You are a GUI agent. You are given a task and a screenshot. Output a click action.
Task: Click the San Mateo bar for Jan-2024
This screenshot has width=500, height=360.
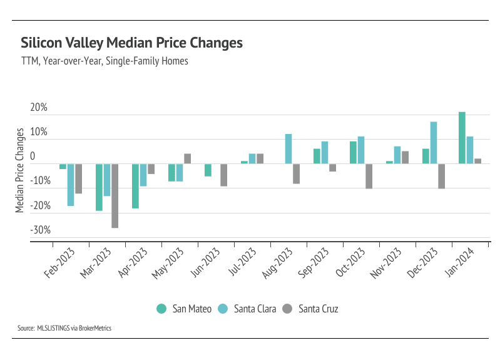pos(462,138)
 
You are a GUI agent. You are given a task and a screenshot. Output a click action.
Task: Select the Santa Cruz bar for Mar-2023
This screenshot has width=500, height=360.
pos(115,195)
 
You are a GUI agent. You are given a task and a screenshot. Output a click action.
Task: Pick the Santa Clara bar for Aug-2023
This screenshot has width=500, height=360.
pos(288,149)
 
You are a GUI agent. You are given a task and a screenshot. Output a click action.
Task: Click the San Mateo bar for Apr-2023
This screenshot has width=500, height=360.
pos(135,185)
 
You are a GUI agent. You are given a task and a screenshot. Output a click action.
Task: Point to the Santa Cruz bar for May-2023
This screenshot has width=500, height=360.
pos(187,158)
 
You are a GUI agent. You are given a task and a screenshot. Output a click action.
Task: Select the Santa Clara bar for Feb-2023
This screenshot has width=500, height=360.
pos(71,185)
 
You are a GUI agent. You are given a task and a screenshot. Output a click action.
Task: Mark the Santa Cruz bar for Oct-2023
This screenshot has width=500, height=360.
pos(369,176)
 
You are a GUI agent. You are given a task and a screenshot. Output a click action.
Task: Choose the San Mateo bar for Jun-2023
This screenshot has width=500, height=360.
pos(208,170)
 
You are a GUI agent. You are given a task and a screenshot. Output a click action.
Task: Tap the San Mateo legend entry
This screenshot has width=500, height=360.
pos(184,309)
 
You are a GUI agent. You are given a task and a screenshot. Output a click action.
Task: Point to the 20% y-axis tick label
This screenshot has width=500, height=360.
pos(39,108)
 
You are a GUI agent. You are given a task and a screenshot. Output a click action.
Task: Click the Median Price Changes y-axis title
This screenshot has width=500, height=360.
pos(20,170)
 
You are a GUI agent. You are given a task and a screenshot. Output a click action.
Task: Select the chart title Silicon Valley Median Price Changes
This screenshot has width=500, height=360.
pos(131,43)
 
